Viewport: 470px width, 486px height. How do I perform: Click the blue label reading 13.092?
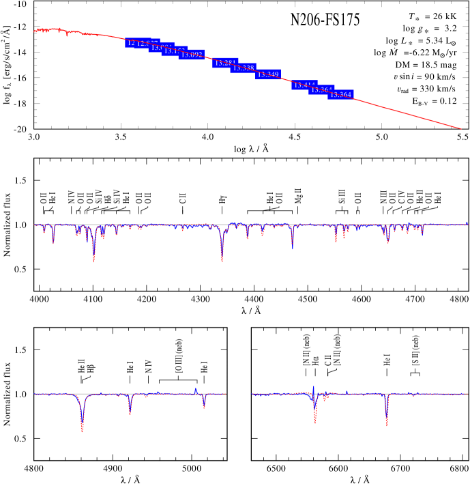tap(192, 55)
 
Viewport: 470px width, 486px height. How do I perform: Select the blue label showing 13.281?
tap(224, 63)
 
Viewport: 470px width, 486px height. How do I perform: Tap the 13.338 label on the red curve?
tap(244, 68)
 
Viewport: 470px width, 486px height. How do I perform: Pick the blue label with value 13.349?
tap(268, 74)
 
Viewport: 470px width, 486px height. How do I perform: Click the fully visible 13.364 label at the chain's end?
tap(340, 95)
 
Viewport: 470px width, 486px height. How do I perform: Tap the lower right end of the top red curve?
tap(460, 128)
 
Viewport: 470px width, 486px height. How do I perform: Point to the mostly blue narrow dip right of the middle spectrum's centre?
tap(292, 244)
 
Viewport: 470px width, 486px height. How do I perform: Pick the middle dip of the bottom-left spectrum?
tap(130, 412)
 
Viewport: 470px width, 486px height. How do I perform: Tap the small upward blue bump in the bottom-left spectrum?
tap(196, 389)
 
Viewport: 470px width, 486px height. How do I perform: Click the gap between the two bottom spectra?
tap(239, 395)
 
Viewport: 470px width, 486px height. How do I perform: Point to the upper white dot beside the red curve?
tap(394, 84)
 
